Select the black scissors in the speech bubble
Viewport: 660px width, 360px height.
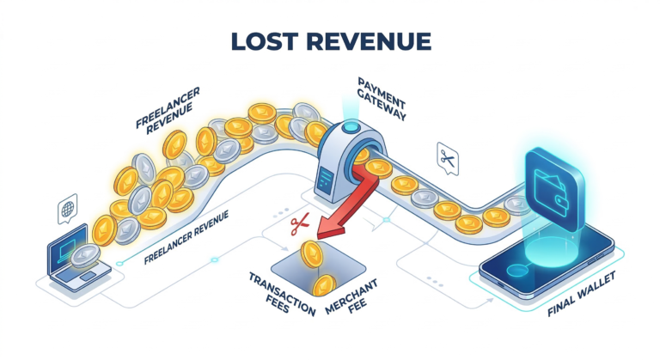[x=449, y=157]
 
